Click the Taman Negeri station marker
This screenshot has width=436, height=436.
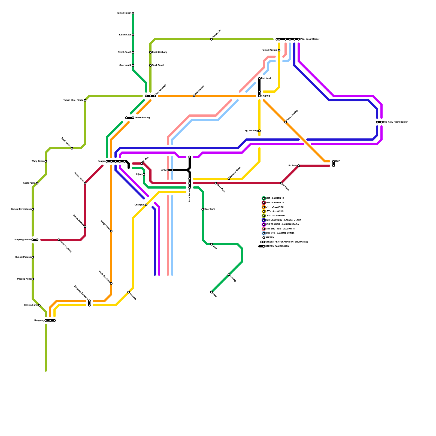[x=133, y=13]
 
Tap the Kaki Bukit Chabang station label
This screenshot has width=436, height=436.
[x=159, y=52]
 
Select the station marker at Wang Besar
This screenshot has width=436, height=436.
[x=46, y=161]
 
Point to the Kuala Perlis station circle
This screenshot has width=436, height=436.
[x=37, y=183]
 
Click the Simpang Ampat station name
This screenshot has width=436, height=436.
[x=23, y=240]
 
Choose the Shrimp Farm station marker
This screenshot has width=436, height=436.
[x=39, y=305]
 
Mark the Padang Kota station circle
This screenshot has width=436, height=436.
[x=33, y=279]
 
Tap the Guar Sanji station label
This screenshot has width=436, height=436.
[x=210, y=209]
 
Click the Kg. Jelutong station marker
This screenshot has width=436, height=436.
[x=259, y=131]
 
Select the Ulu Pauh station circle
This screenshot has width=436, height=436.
[x=299, y=166]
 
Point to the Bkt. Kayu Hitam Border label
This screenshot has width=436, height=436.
[x=395, y=122]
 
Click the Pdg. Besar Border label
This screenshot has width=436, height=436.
[x=310, y=39]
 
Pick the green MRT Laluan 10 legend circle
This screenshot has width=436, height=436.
[x=264, y=198]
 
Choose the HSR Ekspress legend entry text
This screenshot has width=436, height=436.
[x=283, y=220]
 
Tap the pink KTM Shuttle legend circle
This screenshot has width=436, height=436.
[x=264, y=229]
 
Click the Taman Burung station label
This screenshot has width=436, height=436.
[x=142, y=118]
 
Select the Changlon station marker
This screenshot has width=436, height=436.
[x=146, y=205]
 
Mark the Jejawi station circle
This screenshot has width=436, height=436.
[x=144, y=174]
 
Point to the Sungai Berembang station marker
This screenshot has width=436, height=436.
[x=33, y=209]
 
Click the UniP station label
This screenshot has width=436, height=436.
[x=337, y=161]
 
